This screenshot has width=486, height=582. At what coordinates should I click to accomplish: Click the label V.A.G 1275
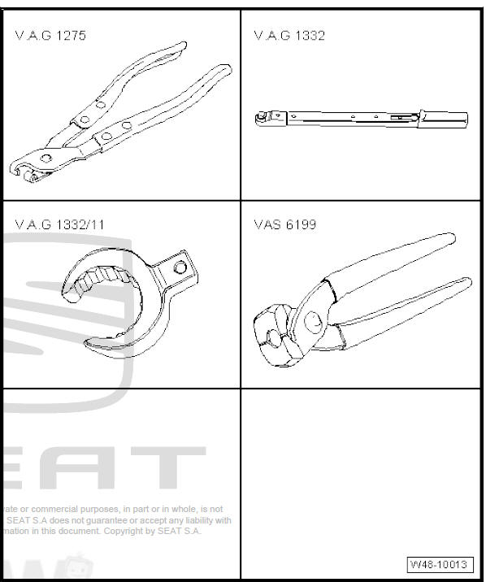[x=50, y=36]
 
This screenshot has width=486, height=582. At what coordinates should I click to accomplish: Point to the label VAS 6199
[x=285, y=224]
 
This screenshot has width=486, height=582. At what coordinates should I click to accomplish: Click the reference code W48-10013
[x=439, y=564]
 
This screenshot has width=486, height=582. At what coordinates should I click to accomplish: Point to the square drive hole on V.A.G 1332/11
[x=181, y=266]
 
